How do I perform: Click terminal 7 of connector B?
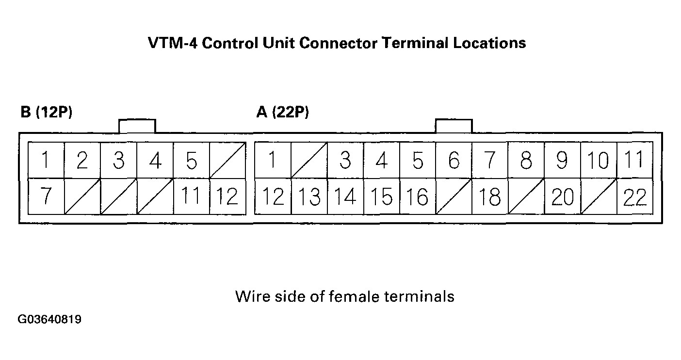[46, 196]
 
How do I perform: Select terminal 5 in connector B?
[192, 160]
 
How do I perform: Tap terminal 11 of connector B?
[192, 196]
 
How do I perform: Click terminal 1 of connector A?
[273, 160]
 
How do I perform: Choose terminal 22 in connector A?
[634, 196]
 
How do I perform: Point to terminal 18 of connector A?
[490, 196]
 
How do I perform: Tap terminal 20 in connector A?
[562, 196]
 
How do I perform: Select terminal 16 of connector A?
[418, 196]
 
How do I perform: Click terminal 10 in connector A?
[599, 160]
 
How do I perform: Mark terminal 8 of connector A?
[526, 160]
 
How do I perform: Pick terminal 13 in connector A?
[309, 196]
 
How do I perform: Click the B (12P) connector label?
[46, 113]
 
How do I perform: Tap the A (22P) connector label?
[282, 113]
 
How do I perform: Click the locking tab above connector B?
[137, 126]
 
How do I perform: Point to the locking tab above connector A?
[454, 126]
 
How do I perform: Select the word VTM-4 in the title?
[172, 43]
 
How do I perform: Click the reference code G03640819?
[49, 320]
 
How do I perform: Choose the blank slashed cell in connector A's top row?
[309, 160]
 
